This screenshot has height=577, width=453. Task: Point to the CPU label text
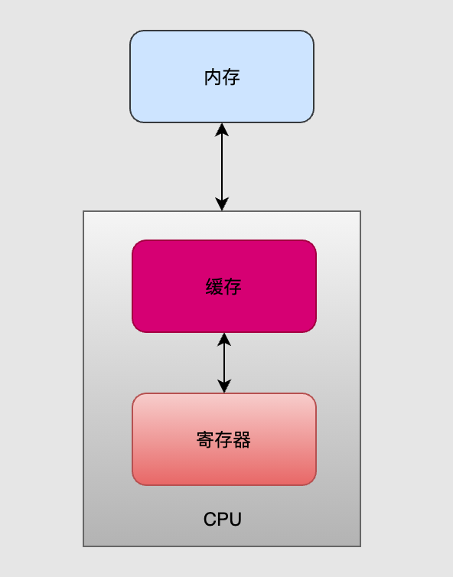223,520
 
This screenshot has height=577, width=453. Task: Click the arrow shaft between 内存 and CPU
222,167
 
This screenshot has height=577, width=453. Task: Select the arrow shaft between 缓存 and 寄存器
224,363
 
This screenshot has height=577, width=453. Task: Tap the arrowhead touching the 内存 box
222,129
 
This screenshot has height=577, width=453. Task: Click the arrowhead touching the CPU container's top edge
222,204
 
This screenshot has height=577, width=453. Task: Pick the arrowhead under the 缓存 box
224,339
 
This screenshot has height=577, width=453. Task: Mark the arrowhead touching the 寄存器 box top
224,386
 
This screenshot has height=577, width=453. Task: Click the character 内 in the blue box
213,77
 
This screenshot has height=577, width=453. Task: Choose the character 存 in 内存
231,77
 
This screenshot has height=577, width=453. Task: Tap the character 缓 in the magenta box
214,287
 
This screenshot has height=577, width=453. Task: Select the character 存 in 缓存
233,287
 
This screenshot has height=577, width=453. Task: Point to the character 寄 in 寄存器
205,440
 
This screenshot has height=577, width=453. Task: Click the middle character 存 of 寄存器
223,440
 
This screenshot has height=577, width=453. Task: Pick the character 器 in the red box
242,440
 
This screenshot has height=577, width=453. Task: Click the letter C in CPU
210,520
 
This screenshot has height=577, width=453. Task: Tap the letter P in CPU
223,520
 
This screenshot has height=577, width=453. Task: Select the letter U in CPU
235,520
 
